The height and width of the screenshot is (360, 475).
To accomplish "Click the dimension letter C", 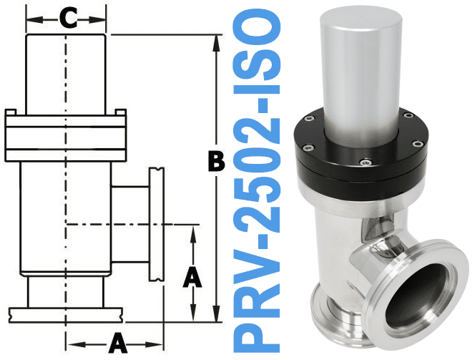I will coord(67,19).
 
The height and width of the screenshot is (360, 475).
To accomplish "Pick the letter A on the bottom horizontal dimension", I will coord(118,342).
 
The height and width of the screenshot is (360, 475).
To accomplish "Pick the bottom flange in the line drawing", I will coord(67,313).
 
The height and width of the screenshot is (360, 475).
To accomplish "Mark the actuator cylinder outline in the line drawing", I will coord(67,72).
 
